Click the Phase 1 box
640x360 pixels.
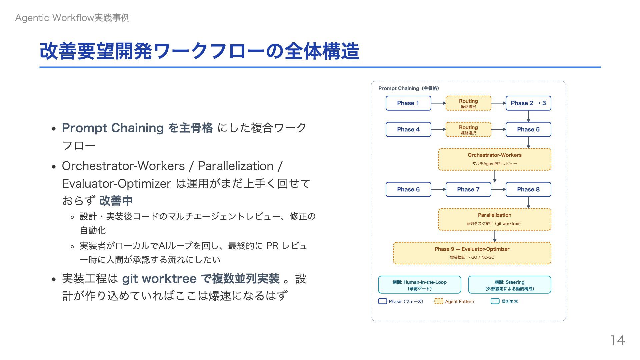pyautogui.click(x=408, y=103)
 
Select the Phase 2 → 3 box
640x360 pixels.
pyautogui.click(x=528, y=103)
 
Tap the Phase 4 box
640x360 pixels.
pyautogui.click(x=408, y=129)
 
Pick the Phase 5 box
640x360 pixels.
pyautogui.click(x=528, y=129)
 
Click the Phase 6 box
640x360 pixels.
pyautogui.click(x=408, y=189)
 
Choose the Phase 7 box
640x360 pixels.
pyautogui.click(x=468, y=189)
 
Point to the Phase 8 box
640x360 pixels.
pyautogui.click(x=528, y=189)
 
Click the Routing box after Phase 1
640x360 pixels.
pyautogui.click(x=468, y=103)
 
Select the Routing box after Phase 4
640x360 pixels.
pyautogui.click(x=468, y=130)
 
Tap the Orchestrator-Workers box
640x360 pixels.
pyautogui.click(x=494, y=159)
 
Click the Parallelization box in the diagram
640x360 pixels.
pyautogui.click(x=494, y=219)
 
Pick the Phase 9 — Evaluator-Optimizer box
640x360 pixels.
pyautogui.click(x=472, y=253)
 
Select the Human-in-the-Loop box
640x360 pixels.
pyautogui.click(x=420, y=285)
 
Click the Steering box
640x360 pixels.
pyautogui.click(x=509, y=285)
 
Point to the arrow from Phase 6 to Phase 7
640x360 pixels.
pyautogui.click(x=438, y=189)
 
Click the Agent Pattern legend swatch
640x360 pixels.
pyautogui.click(x=439, y=301)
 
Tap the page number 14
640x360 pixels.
pyautogui.click(x=617, y=340)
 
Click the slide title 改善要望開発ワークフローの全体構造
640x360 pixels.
pyautogui.click(x=199, y=51)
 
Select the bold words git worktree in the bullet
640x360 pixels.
pyautogui.click(x=159, y=279)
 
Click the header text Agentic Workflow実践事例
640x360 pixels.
pyautogui.click(x=72, y=18)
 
